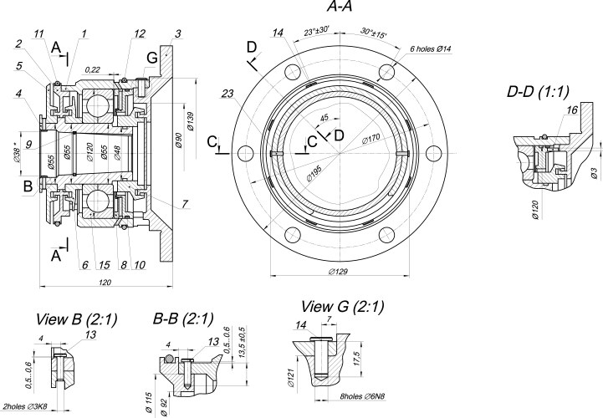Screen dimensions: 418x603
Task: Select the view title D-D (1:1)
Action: (x=544, y=90)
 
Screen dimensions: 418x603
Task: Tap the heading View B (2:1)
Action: (x=76, y=319)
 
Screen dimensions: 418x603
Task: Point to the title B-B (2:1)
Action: (x=184, y=319)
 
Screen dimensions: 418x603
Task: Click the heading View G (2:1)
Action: (x=343, y=307)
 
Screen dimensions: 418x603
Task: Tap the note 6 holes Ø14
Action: (x=431, y=49)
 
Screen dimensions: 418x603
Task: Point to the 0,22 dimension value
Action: (x=93, y=70)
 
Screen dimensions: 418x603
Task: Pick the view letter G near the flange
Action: (x=151, y=56)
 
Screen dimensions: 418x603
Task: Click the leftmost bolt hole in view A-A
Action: (x=245, y=153)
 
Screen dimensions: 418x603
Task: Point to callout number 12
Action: (x=139, y=33)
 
